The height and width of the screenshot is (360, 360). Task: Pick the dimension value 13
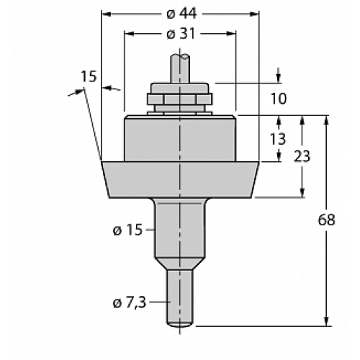pos(278,138)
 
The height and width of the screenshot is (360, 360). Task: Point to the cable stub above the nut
pos(179,68)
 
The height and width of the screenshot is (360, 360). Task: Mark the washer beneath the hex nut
pos(179,111)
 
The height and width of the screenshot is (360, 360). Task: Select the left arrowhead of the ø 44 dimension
pos(105,14)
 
